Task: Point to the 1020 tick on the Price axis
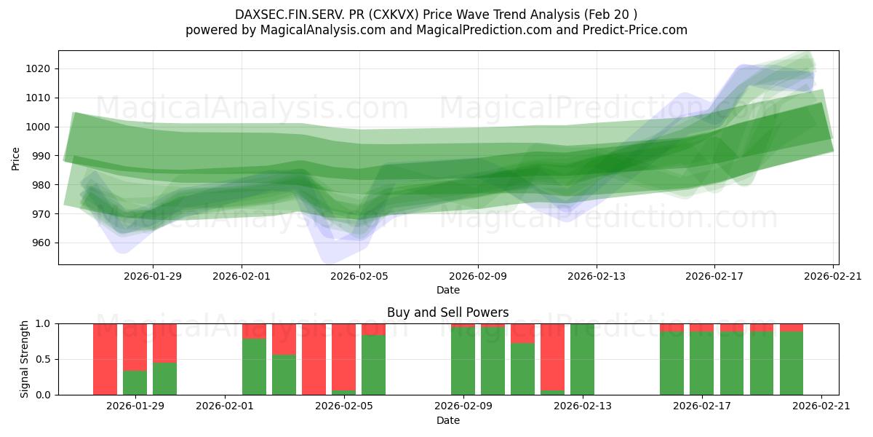click(x=40, y=68)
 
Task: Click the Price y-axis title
click(x=15, y=158)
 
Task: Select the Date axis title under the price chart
click(x=448, y=290)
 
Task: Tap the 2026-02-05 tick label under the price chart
click(x=360, y=276)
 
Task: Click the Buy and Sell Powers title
click(x=448, y=312)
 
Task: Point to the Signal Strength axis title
click(x=24, y=359)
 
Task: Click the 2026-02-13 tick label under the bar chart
click(x=583, y=406)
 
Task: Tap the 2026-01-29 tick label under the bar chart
click(x=135, y=406)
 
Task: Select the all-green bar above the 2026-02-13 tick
click(x=582, y=359)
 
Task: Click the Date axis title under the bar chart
click(x=448, y=420)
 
